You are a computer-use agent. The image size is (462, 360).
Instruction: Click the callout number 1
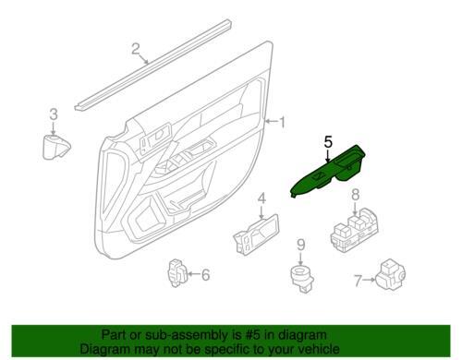click(x=282, y=122)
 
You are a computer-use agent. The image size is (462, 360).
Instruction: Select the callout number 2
click(x=136, y=49)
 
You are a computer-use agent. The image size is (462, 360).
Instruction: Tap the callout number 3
click(x=54, y=114)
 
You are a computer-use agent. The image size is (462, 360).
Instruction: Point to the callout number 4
click(x=261, y=198)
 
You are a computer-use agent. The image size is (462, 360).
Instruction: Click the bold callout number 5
click(x=328, y=142)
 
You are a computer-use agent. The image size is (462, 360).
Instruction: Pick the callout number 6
click(x=205, y=274)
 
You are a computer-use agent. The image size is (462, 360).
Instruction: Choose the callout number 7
click(x=358, y=281)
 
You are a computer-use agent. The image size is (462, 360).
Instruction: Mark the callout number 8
click(x=355, y=195)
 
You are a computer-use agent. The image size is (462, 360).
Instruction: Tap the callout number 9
click(x=301, y=245)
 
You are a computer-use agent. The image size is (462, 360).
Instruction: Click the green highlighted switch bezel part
click(x=327, y=172)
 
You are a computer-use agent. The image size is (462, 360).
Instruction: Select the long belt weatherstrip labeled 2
click(x=152, y=65)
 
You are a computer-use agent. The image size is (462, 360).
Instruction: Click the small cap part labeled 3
click(x=55, y=147)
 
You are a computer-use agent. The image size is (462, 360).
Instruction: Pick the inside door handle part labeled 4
click(x=256, y=234)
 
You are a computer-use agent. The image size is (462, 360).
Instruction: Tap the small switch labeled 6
click(x=176, y=273)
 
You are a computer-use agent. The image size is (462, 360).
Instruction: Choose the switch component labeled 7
click(x=391, y=274)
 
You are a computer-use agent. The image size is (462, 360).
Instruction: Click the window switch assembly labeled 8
click(x=354, y=230)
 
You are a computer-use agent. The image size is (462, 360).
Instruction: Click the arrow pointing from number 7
click(x=369, y=280)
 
